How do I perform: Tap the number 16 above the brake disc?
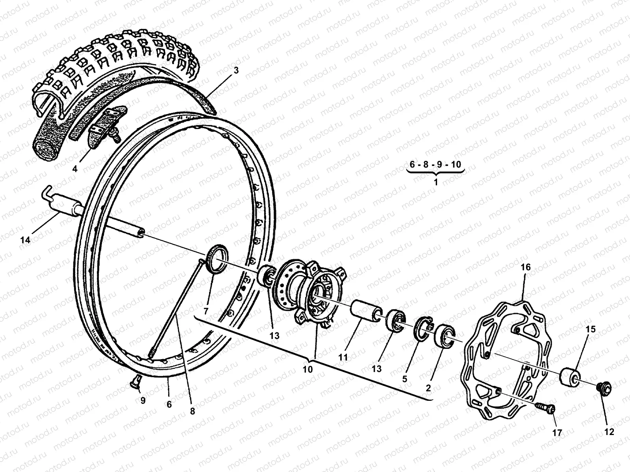[x=526, y=267]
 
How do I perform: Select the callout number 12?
[x=609, y=432]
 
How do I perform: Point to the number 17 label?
[x=557, y=433]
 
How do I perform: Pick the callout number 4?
[x=75, y=170]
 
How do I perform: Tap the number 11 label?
[x=343, y=357]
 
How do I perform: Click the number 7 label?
[x=206, y=311]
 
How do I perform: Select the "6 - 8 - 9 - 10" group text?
[x=435, y=164]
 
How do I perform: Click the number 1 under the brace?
[x=435, y=182]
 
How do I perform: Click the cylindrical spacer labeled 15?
[x=570, y=376]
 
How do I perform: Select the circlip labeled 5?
[x=424, y=327]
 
